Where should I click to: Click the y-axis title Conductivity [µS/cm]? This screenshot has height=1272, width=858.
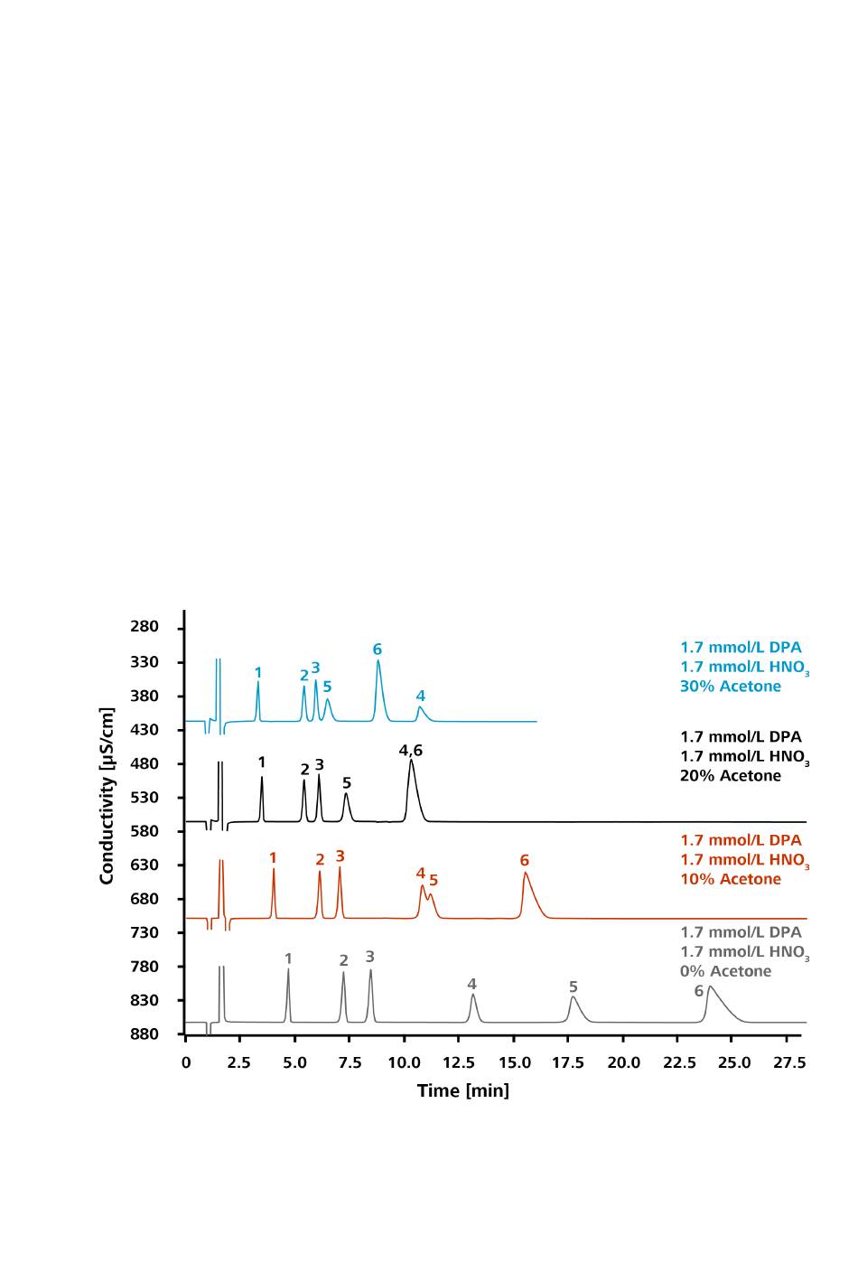pyautogui.click(x=107, y=796)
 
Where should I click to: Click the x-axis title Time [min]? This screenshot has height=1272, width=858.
pyautogui.click(x=462, y=1090)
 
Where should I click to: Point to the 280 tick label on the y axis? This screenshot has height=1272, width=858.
pyautogui.click(x=145, y=627)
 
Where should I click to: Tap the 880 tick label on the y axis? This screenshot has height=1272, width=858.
pyautogui.click(x=145, y=1034)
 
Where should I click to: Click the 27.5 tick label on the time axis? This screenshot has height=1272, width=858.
pyautogui.click(x=789, y=1062)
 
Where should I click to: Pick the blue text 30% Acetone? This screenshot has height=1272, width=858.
pyautogui.click(x=730, y=687)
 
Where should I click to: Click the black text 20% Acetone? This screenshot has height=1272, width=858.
pyautogui.click(x=730, y=776)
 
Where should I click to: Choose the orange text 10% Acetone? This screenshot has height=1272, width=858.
pyautogui.click(x=730, y=879)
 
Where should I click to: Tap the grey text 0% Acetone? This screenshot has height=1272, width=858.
pyautogui.click(x=725, y=971)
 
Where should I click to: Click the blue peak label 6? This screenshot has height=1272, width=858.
pyautogui.click(x=378, y=650)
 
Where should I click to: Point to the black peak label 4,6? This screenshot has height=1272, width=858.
pyautogui.click(x=411, y=751)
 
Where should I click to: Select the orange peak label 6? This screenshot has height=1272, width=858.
pyautogui.click(x=524, y=861)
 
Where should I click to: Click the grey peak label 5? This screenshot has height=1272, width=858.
pyautogui.click(x=573, y=987)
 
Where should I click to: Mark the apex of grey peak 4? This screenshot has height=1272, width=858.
pyautogui.click(x=472, y=995)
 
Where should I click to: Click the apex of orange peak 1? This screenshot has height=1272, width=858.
pyautogui.click(x=274, y=869)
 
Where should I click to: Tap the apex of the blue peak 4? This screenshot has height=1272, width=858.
pyautogui.click(x=420, y=707)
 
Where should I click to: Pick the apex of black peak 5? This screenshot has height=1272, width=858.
pyautogui.click(x=346, y=794)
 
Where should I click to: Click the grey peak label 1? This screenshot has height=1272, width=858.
pyautogui.click(x=288, y=959)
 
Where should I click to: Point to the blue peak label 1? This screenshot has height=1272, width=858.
pyautogui.click(x=258, y=673)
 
